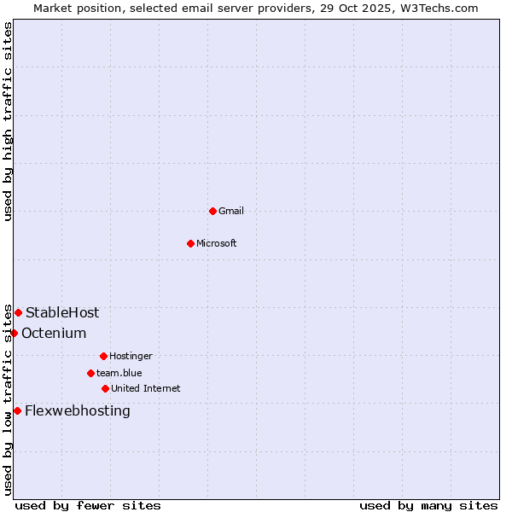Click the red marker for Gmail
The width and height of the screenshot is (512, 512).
pos(212,211)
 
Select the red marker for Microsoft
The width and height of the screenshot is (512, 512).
pos(190,243)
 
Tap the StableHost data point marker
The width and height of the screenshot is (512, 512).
pos(18,312)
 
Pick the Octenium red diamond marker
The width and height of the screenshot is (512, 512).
pos(14,333)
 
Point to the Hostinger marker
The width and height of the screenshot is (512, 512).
pos(103,356)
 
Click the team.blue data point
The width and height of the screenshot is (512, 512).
pos(90,373)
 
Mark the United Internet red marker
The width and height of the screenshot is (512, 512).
pos(105,388)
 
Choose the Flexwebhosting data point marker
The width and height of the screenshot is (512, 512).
pos(17,410)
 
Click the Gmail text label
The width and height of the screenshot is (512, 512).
pos(231,211)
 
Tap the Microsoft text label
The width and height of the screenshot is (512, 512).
pos(217,243)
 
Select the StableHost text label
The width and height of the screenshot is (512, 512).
pos(62,312)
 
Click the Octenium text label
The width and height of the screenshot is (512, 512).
pos(54,333)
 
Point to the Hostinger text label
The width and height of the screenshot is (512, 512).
pos(131,356)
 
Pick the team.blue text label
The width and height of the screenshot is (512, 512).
pos(119,373)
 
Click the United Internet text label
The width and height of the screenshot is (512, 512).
pos(146,388)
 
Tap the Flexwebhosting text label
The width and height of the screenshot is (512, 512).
pos(78,410)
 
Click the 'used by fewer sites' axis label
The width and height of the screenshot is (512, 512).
pos(88,505)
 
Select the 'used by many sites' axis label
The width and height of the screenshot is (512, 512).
pos(428,505)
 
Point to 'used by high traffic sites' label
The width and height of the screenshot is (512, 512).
pos(8,121)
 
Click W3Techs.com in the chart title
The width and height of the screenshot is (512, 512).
pos(438,8)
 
